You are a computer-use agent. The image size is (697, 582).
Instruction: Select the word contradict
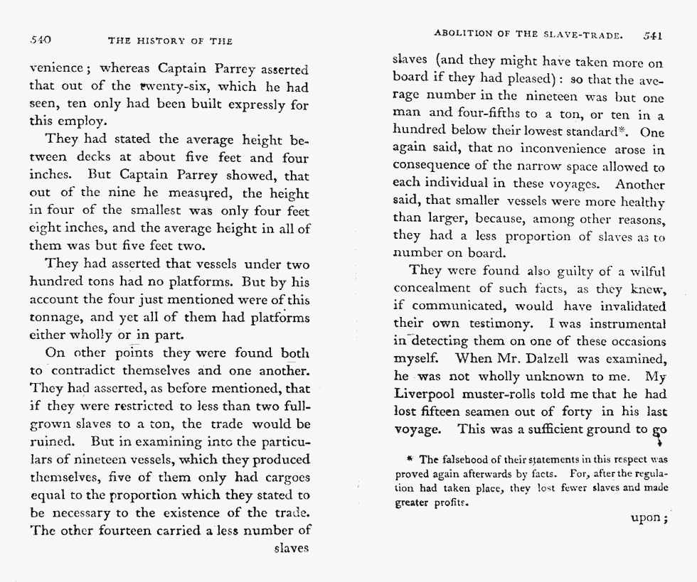tap(91, 370)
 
